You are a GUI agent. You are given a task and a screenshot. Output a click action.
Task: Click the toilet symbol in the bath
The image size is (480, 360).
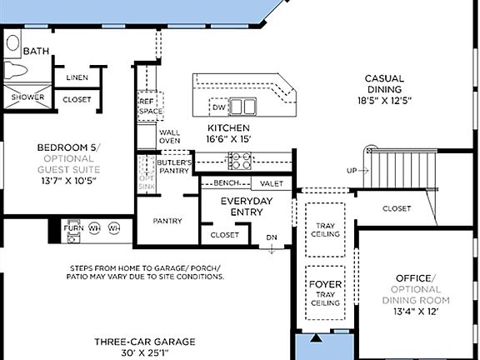[x=14, y=69]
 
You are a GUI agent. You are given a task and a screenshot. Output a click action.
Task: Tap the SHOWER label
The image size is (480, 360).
[x=27, y=97]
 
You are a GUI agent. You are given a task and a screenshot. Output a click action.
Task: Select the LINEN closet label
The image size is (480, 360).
[x=77, y=77]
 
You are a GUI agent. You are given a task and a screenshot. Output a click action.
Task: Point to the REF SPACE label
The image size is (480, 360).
[x=150, y=106]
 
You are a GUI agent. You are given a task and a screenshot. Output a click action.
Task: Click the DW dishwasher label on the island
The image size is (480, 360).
[x=218, y=107]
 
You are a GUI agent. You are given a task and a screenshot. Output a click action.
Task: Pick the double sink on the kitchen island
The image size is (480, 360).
[x=243, y=107]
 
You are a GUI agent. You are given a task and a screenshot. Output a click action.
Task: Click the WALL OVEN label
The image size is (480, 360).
[x=169, y=137]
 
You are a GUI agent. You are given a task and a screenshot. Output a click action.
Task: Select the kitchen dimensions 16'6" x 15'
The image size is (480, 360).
[x=228, y=139]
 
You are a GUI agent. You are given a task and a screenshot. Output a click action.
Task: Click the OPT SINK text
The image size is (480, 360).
[x=147, y=182]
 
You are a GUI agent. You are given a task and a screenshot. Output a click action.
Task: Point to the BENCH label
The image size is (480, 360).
[x=226, y=182]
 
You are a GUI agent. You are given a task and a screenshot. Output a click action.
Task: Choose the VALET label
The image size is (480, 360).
[x=271, y=183]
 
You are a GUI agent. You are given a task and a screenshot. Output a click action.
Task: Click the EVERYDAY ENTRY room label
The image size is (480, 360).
[x=242, y=207]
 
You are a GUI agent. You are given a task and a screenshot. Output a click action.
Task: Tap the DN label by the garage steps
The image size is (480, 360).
[x=271, y=237]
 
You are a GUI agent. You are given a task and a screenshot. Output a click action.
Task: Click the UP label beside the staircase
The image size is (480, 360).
[x=352, y=171]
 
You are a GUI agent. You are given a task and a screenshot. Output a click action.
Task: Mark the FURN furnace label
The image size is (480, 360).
[x=72, y=227]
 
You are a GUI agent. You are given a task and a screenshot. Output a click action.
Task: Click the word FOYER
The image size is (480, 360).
[x=325, y=285]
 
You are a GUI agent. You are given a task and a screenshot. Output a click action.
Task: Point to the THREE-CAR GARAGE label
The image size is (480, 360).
[x=145, y=341]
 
